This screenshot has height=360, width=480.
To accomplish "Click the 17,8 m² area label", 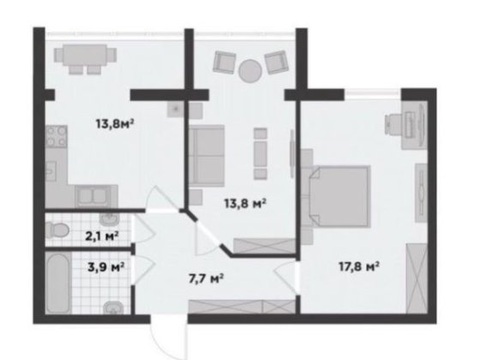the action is pos(359,267).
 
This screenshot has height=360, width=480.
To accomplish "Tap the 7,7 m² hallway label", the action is pos(207,279).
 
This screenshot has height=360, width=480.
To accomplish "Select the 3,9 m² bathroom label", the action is pos(106,267).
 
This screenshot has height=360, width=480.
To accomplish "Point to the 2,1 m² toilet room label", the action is pos(102,236).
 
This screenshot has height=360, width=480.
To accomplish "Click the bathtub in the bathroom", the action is pos(58,283).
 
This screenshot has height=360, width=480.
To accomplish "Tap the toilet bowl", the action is pos(57,230).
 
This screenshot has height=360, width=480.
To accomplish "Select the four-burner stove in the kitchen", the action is pos(57,136).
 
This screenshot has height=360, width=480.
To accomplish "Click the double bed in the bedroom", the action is pos(339,196).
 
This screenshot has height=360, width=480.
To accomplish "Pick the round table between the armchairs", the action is pos(250,70).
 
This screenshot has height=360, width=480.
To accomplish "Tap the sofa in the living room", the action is pos(207,155).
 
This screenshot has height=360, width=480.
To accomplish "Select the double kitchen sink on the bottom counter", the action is pos(93,196).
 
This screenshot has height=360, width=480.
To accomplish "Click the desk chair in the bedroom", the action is pos(393,124).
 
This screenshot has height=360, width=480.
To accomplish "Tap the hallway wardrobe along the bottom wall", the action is pos(242,307).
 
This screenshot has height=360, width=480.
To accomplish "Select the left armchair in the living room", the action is pos(225,62).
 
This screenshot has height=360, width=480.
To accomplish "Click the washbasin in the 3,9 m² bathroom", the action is pos(113,307).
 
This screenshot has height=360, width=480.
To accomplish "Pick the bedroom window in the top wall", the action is pos(373,93).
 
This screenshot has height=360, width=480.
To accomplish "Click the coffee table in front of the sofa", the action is pos(261,153).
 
